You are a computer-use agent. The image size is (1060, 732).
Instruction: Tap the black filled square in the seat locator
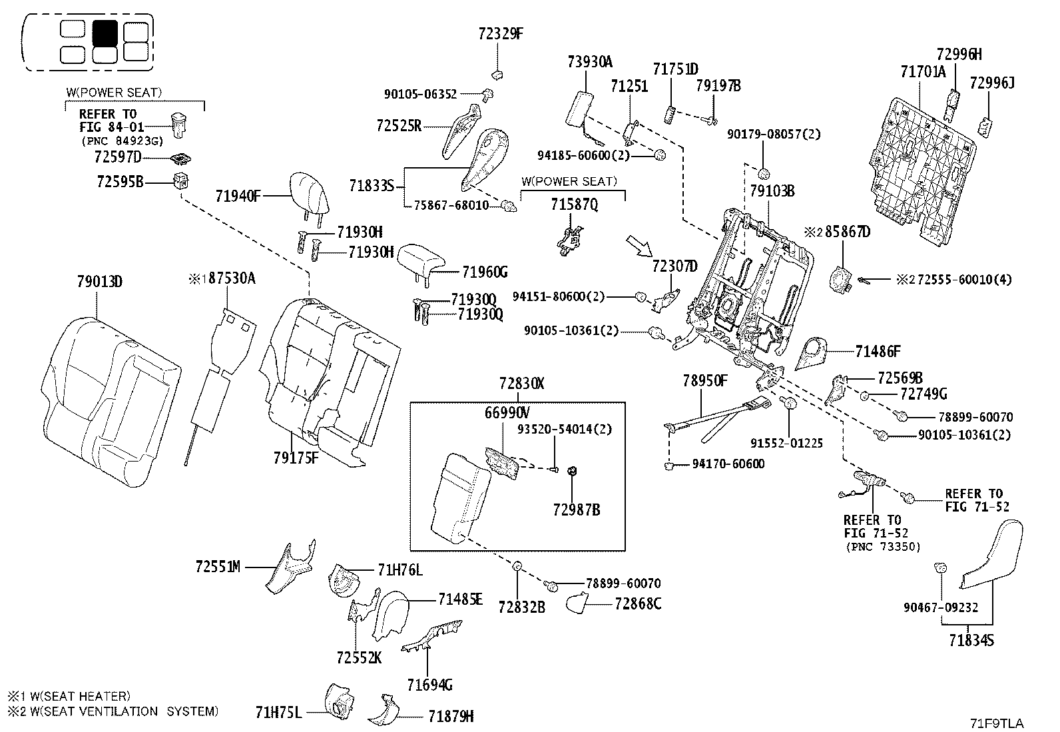[105, 32]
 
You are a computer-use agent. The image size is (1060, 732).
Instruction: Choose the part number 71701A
[922, 72]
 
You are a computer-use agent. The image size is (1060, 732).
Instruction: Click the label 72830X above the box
[522, 384]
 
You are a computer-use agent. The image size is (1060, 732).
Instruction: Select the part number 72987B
[577, 510]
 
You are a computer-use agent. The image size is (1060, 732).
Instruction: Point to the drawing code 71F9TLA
[996, 723]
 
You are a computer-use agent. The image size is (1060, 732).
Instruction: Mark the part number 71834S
[971, 641]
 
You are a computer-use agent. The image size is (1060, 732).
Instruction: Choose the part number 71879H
[451, 717]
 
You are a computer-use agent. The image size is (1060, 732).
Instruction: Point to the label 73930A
[590, 63]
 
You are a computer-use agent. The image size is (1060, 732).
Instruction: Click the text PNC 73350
[883, 547]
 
